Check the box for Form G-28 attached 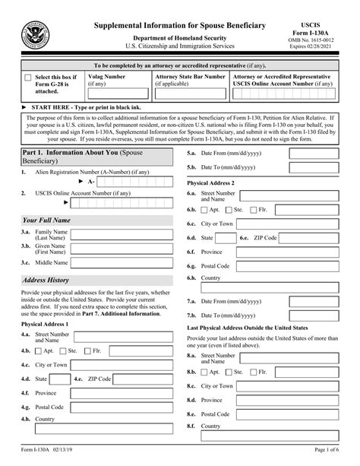point(29,77)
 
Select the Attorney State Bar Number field point(190,94)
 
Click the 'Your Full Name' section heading point(46,219)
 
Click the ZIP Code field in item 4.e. point(144,378)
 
